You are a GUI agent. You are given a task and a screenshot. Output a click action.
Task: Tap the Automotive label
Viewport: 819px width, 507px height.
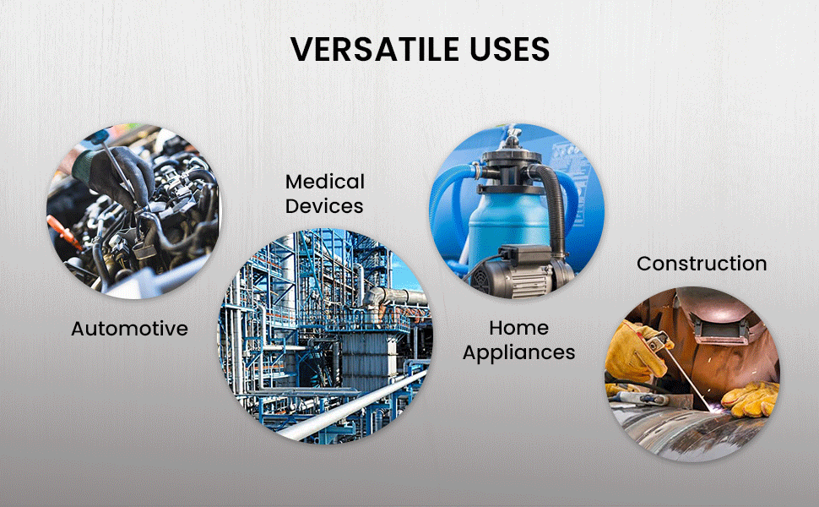coord(129,329)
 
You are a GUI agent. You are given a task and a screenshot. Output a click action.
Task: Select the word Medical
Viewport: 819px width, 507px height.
coord(325,182)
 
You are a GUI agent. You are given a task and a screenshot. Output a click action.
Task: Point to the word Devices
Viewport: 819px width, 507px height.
coord(324,206)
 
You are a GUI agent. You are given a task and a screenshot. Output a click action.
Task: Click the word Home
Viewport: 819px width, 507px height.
coord(518,328)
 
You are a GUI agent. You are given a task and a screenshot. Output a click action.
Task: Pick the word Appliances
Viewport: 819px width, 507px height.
coord(518,353)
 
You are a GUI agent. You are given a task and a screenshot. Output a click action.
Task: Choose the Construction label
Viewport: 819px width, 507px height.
coord(702,264)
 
